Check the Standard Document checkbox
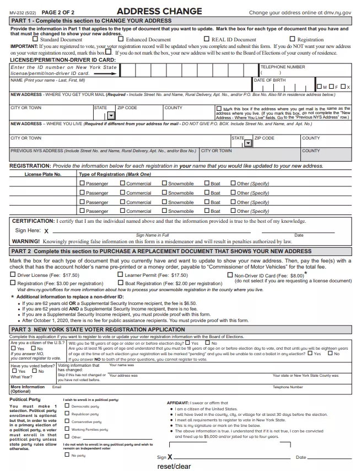pos(36,39)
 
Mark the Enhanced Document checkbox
pos(122,39)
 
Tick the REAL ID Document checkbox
pos(207,39)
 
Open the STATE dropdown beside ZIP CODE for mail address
pos(112,115)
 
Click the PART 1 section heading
pos(91,20)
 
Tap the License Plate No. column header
pos(43,174)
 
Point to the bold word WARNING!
pos(25,241)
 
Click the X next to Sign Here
pos(46,231)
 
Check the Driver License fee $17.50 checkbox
pos(13,275)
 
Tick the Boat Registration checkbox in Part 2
pos(121,283)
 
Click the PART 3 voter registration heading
pos(98,329)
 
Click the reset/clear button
pos(174,466)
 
